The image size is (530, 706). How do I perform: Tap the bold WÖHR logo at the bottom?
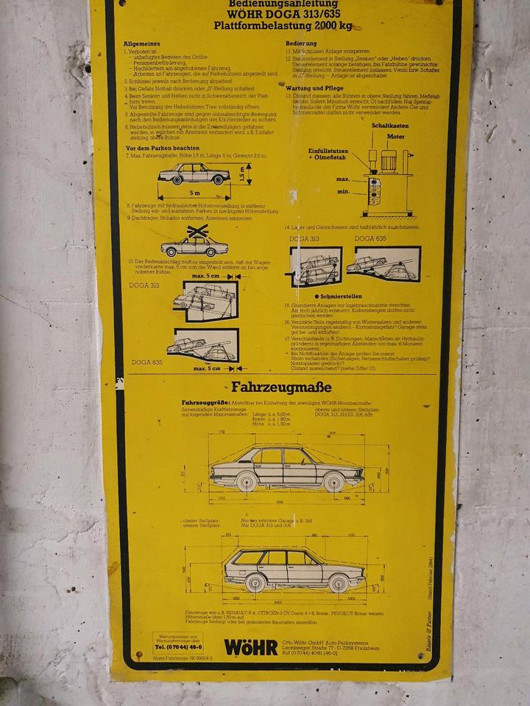point(250,647)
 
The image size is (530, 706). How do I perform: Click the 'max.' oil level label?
point(342,178)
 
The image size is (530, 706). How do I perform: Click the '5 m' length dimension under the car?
point(194,193)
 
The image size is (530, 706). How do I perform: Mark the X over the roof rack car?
point(197,232)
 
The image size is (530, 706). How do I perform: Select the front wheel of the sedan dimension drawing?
point(333,482)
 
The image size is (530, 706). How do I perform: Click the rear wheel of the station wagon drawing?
point(255,583)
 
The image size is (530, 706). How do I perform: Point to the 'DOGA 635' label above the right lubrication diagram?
point(370,238)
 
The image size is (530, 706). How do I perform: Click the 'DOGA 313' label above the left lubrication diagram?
point(304,238)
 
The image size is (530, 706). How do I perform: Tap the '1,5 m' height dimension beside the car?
point(250,174)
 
